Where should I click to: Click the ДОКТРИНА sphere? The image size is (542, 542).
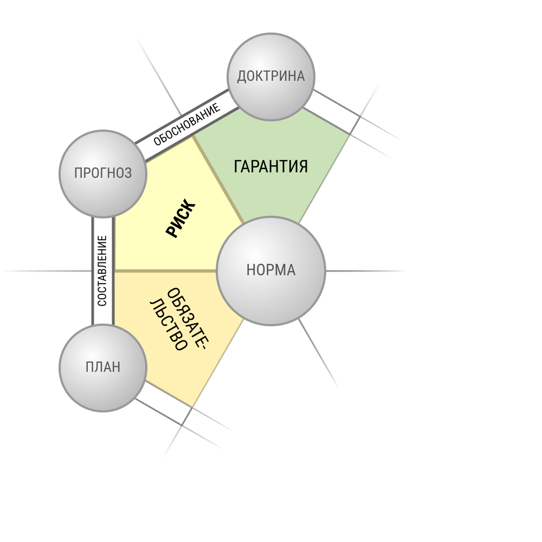click(x=270, y=77)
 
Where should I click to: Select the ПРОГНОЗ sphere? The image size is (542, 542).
click(x=103, y=173)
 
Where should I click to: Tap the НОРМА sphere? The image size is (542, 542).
click(x=270, y=270)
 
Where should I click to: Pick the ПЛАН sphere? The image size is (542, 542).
click(x=103, y=368)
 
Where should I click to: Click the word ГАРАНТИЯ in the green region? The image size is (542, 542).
click(x=270, y=166)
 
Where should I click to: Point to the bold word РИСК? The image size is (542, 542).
click(x=181, y=218)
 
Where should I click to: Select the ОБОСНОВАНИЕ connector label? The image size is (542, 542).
click(x=186, y=125)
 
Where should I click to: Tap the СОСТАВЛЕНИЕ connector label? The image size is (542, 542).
click(x=102, y=270)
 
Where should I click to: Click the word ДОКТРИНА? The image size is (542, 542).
click(x=270, y=76)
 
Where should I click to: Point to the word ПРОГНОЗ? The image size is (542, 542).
click(x=103, y=173)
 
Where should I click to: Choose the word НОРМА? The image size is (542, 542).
click(x=270, y=270)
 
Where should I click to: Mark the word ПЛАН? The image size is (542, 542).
click(x=103, y=367)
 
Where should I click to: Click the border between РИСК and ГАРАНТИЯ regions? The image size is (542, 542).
click(x=218, y=179)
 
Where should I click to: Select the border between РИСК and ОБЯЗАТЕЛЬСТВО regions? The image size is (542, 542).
click(x=165, y=271)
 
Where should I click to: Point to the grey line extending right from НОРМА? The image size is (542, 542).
click(x=365, y=271)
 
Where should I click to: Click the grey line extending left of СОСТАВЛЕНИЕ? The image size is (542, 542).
click(x=46, y=271)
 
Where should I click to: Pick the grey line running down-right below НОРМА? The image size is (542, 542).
click(x=318, y=353)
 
